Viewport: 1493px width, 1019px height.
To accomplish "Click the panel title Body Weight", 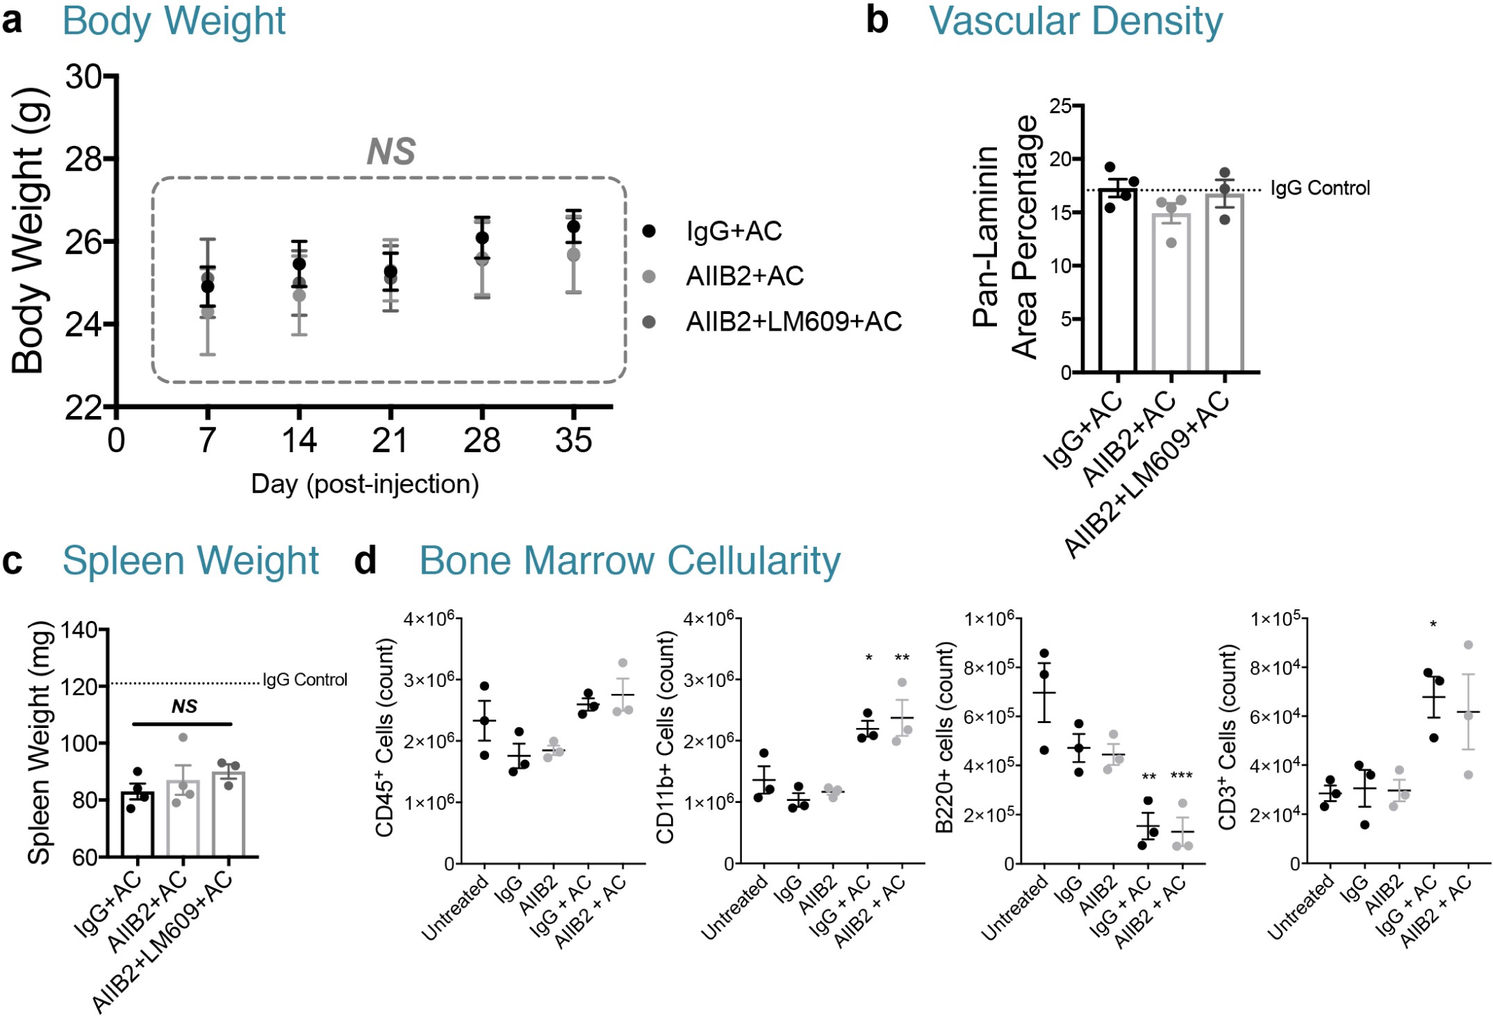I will coord(174,21).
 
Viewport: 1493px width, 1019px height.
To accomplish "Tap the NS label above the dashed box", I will coord(391,151).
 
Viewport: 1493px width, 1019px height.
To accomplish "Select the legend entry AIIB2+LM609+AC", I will coord(793,322).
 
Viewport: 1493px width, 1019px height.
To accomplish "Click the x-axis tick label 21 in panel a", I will coord(390,440).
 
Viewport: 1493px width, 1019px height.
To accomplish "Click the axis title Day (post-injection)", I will coord(365,484).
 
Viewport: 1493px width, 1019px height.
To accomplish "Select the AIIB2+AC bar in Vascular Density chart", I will coord(1171,292).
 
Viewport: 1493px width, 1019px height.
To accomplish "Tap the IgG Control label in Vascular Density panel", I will coord(1320,188).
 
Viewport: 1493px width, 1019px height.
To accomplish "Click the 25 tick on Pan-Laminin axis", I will coord(1060,106).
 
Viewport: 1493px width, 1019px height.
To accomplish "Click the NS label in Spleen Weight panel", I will coord(184,706).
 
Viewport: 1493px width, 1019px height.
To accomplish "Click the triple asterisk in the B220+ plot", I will coord(1181,776).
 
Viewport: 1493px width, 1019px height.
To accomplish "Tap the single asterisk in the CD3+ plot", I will coord(1433,625).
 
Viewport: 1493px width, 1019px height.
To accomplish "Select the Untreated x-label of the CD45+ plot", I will coord(455,908).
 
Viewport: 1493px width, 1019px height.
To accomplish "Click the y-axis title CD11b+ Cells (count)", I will coord(665,737).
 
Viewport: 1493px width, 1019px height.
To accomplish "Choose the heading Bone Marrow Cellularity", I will coord(629,561).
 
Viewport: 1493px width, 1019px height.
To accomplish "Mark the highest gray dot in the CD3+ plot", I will coord(1468,645).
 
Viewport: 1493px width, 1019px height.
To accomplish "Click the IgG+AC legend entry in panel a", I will coord(734,231).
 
